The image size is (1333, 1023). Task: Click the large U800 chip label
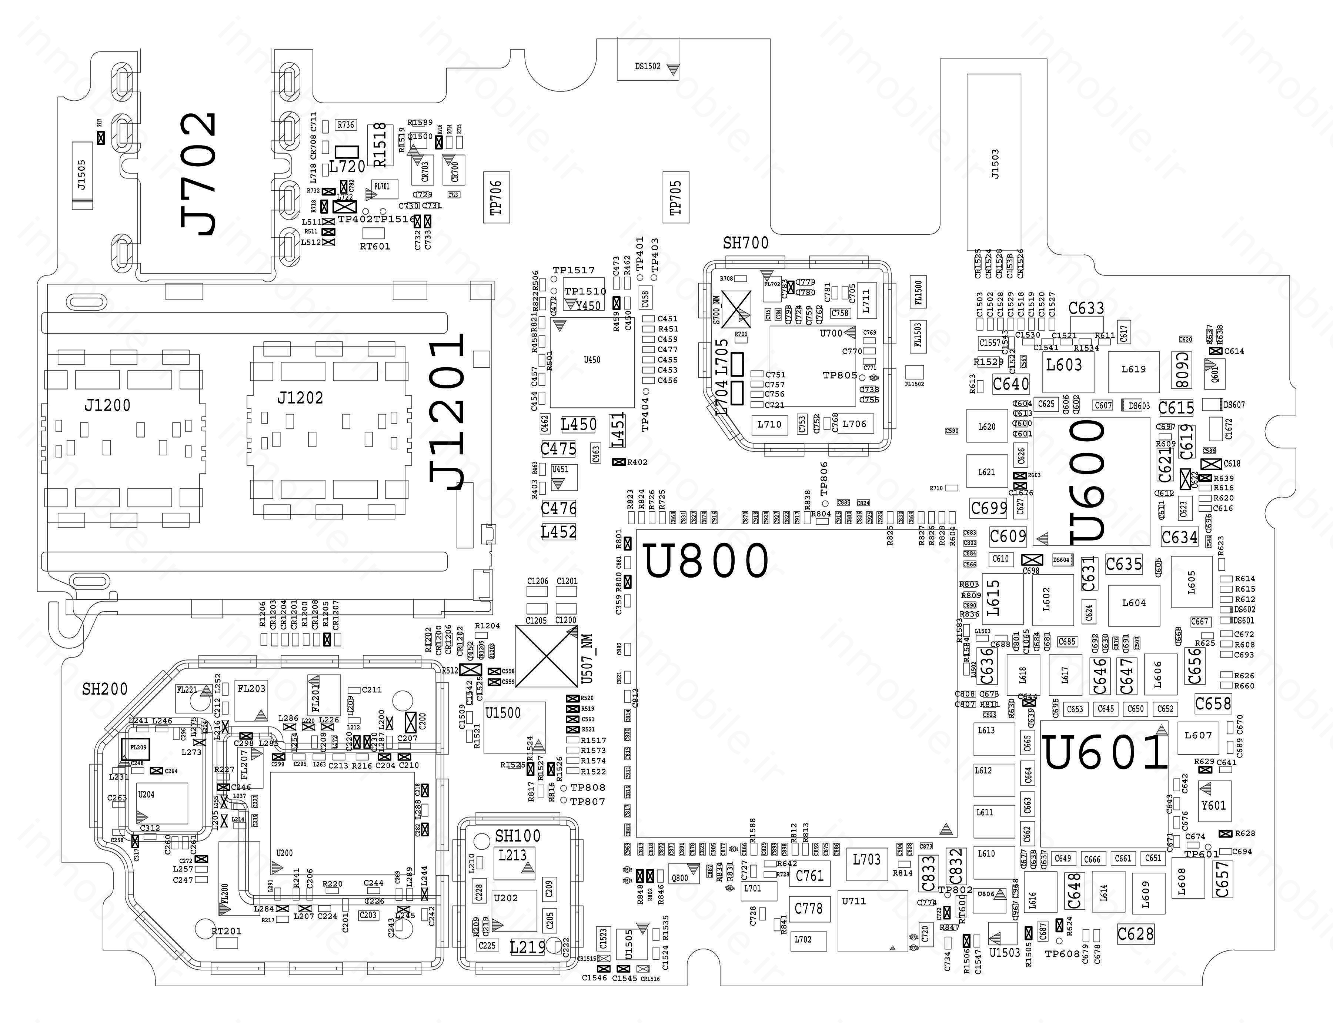click(x=706, y=561)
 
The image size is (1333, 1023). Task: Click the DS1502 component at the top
click(x=648, y=66)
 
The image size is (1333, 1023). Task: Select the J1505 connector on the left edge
click(x=81, y=175)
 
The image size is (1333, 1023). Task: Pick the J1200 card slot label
click(x=107, y=405)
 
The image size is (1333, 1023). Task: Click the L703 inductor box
click(x=866, y=860)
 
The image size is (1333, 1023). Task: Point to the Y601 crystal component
click(x=1213, y=805)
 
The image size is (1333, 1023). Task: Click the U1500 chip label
click(x=503, y=713)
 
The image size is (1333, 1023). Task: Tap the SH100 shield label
click(x=518, y=836)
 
